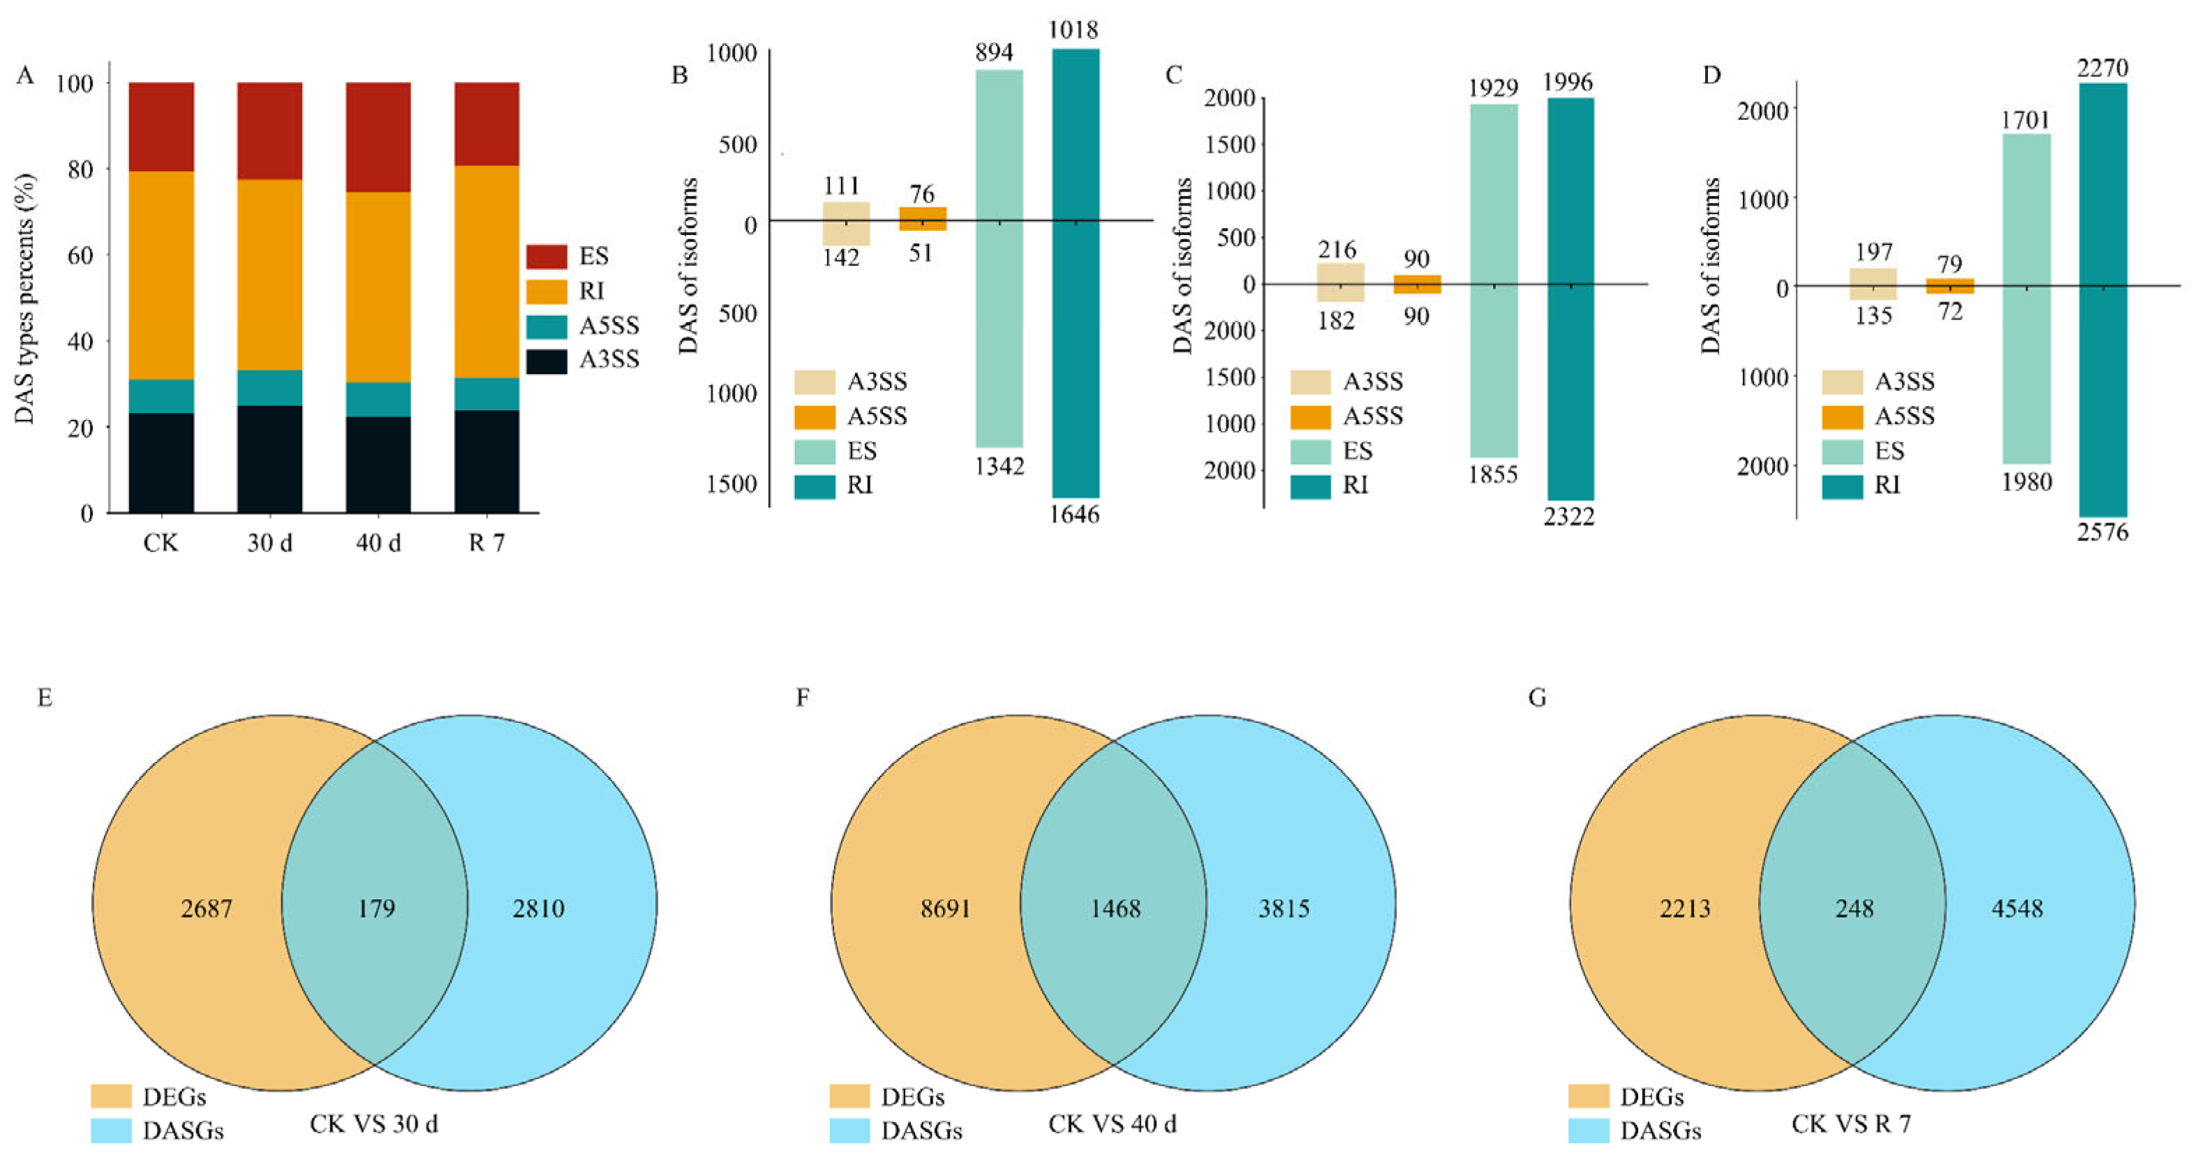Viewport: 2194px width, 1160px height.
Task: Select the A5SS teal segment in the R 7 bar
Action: [x=486, y=393]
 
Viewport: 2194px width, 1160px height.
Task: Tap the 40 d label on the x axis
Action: [x=378, y=543]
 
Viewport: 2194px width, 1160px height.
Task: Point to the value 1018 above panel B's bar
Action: [x=1073, y=31]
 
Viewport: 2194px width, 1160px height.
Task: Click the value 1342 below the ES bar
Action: [x=999, y=466]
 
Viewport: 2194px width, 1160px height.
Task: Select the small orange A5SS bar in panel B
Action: [x=923, y=219]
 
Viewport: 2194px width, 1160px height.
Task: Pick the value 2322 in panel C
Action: [x=1568, y=516]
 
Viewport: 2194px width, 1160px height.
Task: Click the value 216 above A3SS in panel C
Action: [x=1336, y=250]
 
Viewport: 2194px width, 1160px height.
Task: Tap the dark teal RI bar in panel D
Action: [x=2102, y=298]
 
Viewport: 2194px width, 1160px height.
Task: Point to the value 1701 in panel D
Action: [x=2025, y=120]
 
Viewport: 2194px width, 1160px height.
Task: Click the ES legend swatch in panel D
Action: [x=1841, y=451]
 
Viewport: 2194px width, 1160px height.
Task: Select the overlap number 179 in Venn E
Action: [x=376, y=909]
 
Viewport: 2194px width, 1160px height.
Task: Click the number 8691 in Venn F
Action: [x=944, y=909]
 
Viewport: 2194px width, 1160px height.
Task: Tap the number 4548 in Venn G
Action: [x=2016, y=909]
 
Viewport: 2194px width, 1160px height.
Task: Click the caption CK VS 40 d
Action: [x=1112, y=1124]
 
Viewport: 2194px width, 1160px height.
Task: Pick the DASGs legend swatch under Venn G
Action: [x=1587, y=1131]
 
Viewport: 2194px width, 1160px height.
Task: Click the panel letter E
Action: [x=45, y=698]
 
